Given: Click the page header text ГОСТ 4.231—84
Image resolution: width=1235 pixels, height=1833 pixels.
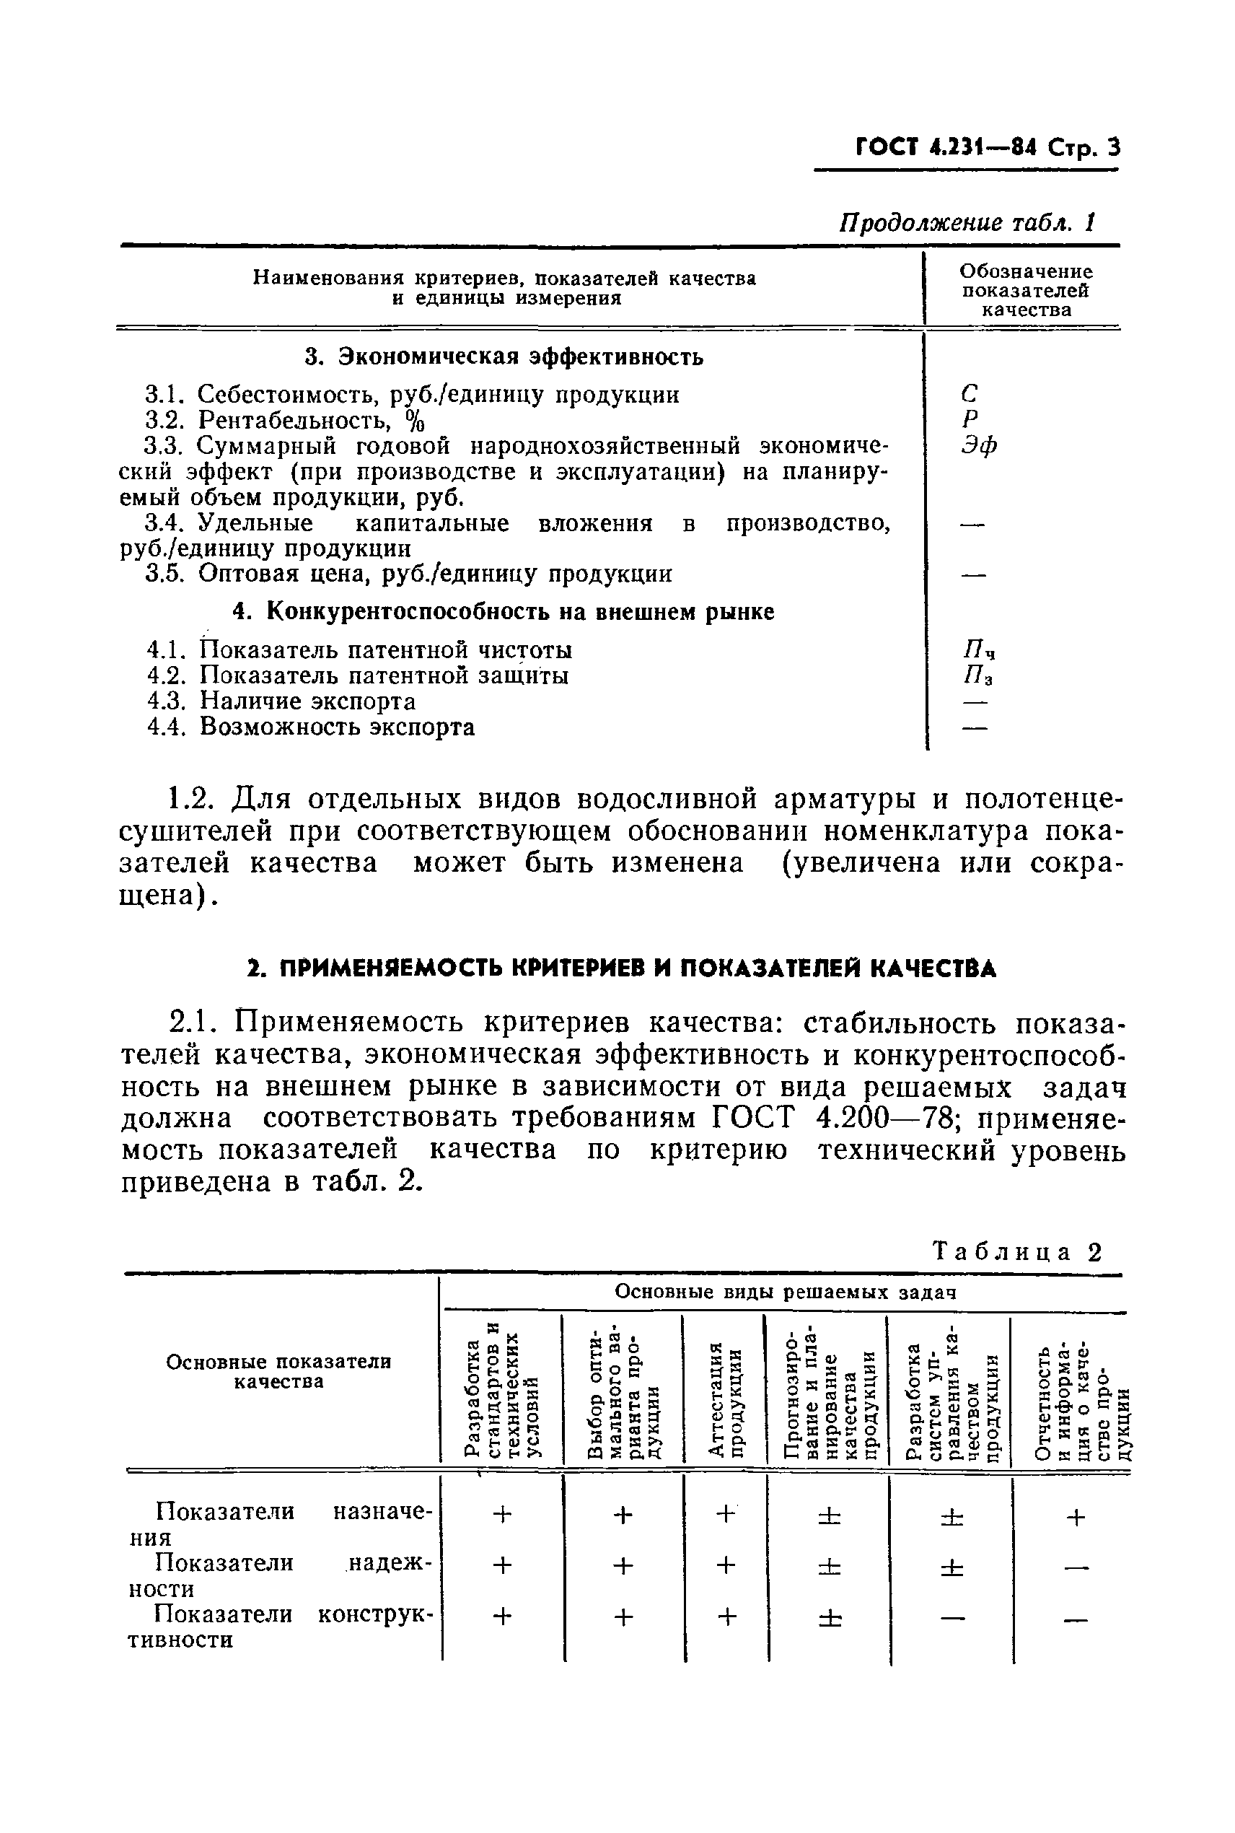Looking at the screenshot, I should (945, 147).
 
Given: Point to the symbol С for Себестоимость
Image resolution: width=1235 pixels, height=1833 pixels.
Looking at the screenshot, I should (970, 393).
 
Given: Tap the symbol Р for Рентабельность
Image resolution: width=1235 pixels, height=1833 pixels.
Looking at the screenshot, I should (970, 419).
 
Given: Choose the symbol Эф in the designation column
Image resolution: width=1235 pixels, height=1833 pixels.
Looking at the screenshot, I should (979, 445).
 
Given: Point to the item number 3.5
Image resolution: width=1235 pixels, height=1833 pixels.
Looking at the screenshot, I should (165, 574).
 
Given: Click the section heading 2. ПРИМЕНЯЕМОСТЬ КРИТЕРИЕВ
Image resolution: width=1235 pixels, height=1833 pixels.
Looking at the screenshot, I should (621, 968).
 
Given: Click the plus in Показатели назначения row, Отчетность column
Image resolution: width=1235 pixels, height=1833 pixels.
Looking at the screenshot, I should (1075, 1516).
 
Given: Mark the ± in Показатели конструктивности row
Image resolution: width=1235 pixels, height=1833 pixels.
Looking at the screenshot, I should (829, 1617).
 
